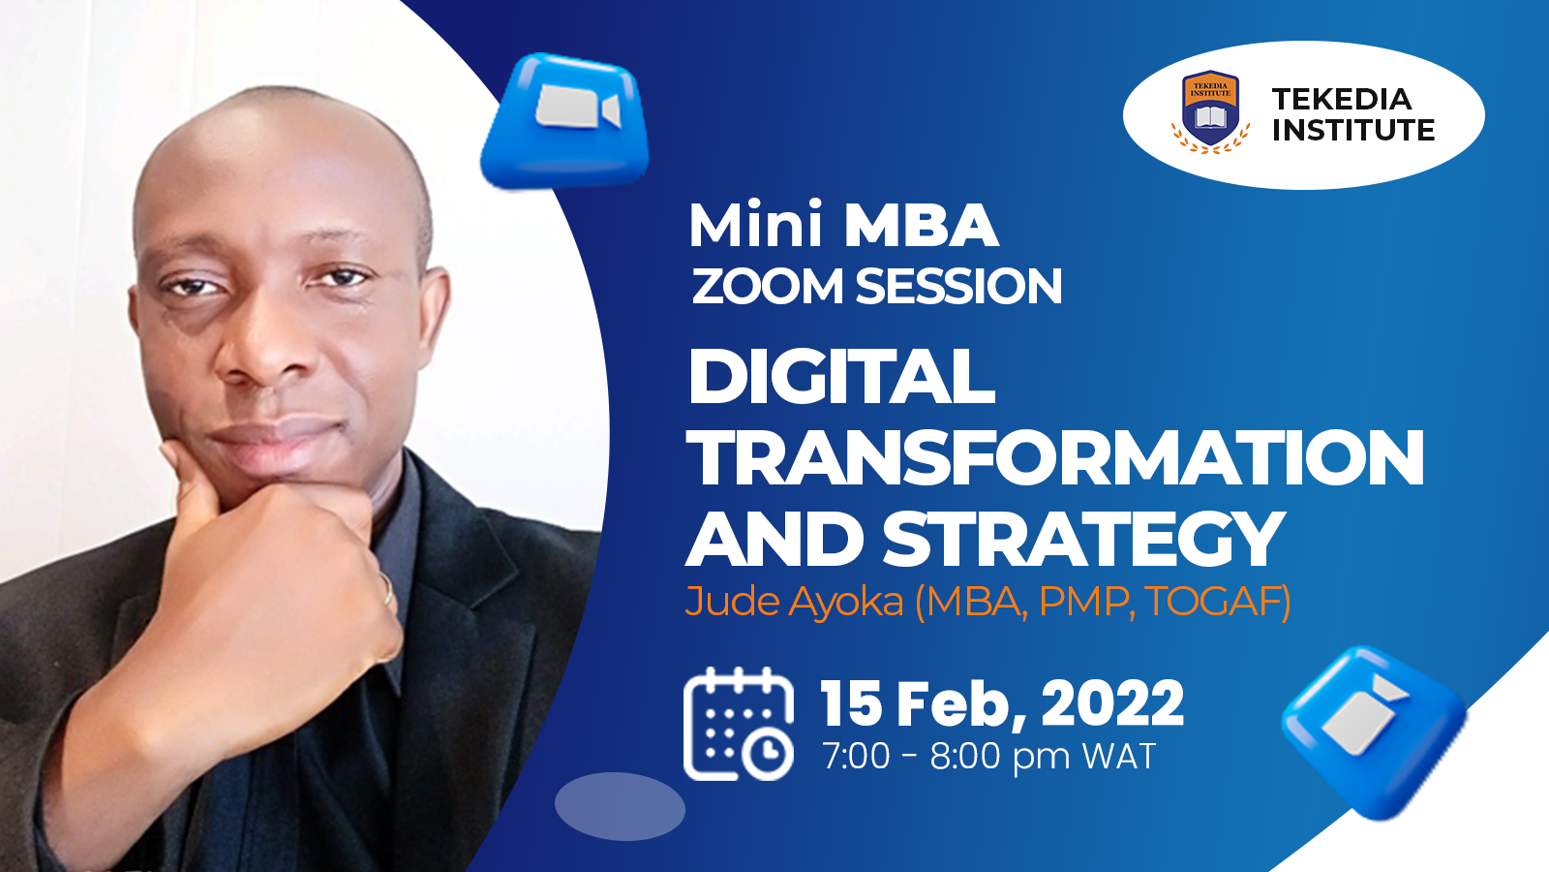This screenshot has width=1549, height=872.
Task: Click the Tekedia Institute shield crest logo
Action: coord(1210,110)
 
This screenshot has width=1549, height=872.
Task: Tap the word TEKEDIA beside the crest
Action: coord(1342,99)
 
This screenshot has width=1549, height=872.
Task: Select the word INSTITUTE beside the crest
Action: coord(1353,130)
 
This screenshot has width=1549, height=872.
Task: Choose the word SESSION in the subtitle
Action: coord(958,286)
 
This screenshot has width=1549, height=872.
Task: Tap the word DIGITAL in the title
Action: coord(841,377)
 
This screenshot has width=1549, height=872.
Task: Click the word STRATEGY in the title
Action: coord(1083,539)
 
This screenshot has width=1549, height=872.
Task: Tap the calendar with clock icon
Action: coord(738,724)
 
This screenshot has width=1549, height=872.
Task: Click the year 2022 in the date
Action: coord(1112,703)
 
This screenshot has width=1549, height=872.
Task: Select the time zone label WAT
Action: coord(1119,756)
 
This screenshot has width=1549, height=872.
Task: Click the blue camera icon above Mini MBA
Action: coord(565,120)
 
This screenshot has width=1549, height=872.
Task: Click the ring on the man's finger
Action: coord(386,589)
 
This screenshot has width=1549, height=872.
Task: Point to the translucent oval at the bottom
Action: coord(620,806)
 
